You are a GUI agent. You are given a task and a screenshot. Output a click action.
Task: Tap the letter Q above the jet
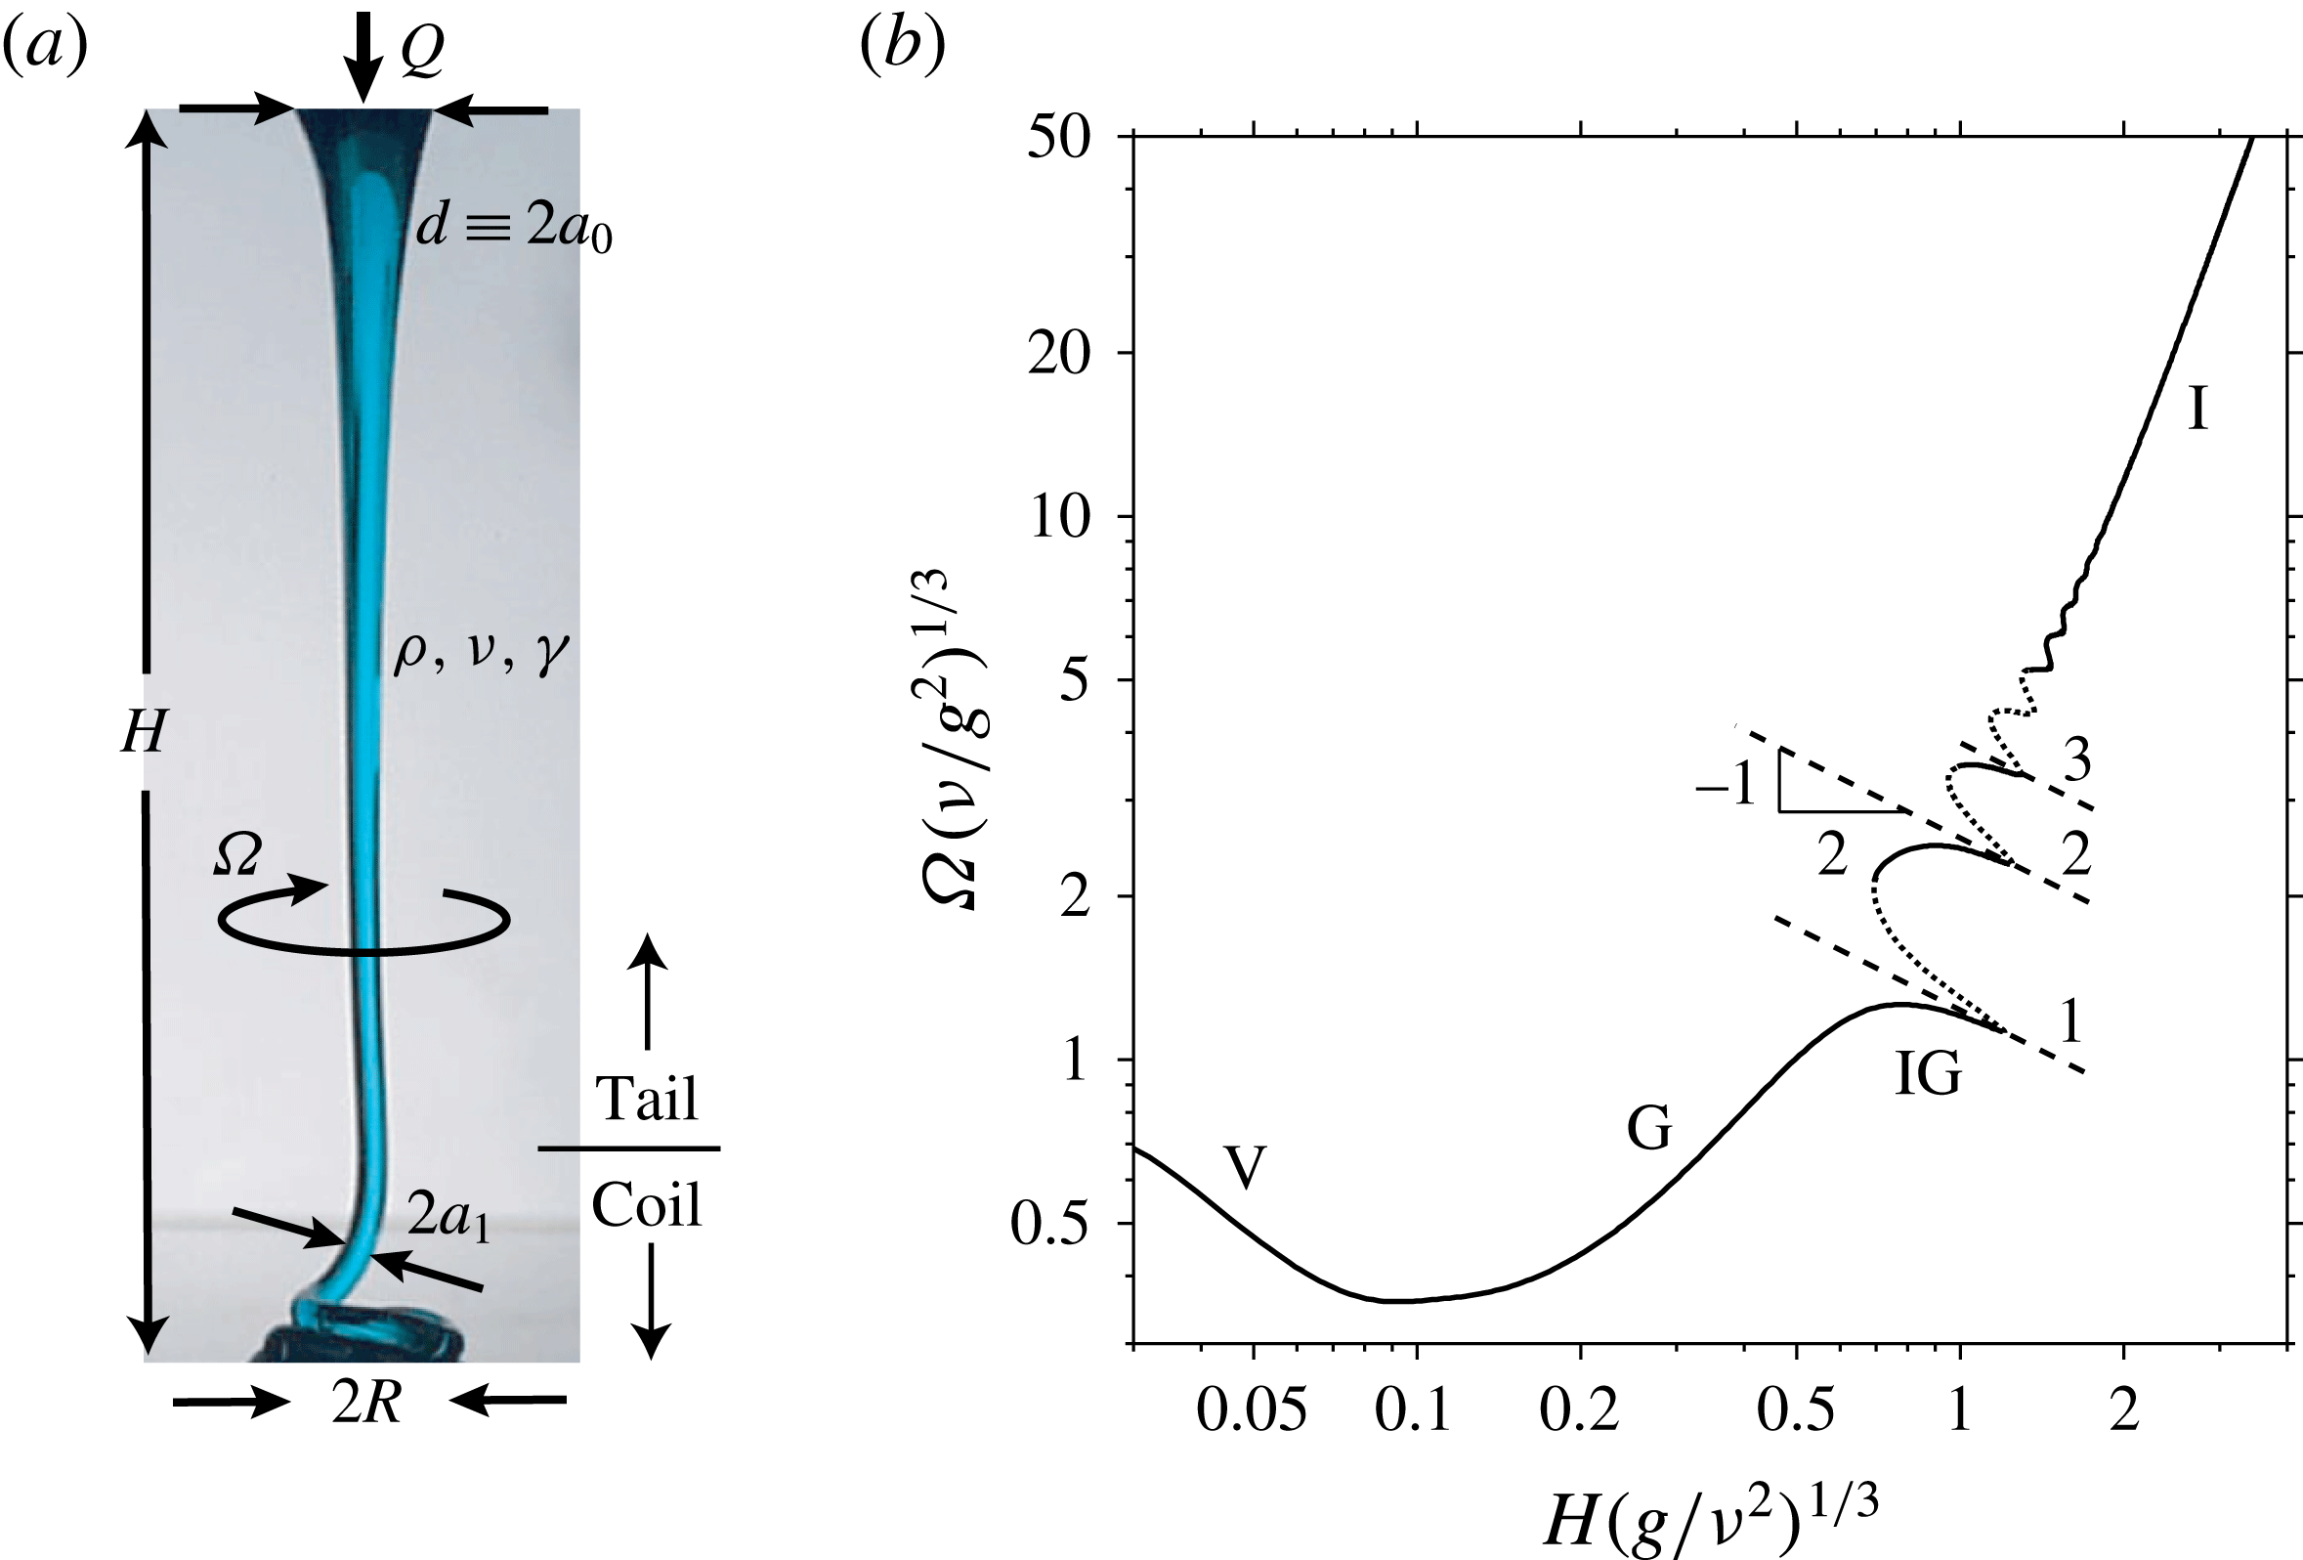tap(421, 53)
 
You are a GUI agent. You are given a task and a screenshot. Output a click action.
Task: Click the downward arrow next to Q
tap(364, 55)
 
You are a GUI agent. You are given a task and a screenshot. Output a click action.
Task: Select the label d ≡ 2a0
tap(513, 229)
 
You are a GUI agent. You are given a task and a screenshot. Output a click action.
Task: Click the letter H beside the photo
tap(143, 734)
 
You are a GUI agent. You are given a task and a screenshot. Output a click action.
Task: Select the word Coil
tap(646, 1205)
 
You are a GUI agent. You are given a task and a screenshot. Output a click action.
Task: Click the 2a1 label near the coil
tap(449, 1217)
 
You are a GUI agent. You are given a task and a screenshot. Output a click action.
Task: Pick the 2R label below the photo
tap(366, 1405)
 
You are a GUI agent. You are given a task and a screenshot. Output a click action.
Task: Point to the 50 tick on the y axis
tap(1058, 138)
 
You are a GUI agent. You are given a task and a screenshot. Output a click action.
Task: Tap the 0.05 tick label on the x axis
tap(1252, 1412)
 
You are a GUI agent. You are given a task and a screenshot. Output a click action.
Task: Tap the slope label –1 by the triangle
tap(1726, 787)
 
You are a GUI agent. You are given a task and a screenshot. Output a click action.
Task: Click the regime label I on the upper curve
tap(2197, 409)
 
